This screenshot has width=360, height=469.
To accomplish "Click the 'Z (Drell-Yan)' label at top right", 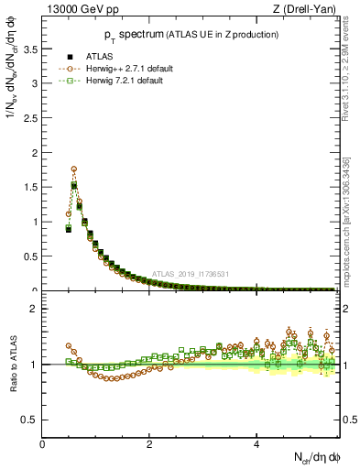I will coord(309,10).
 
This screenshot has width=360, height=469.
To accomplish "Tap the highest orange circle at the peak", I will coord(73,169).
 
